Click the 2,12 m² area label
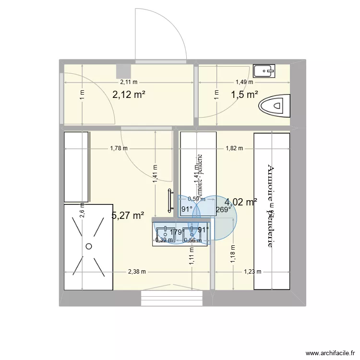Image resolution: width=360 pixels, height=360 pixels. click(129, 95)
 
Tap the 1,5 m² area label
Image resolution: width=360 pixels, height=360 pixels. click(245, 95)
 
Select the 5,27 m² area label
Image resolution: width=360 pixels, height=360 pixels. click(128, 216)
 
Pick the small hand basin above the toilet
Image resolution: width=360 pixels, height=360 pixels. click(264, 71)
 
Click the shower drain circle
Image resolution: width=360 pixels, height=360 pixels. click(88, 246)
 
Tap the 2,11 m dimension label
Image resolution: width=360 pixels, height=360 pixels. click(129, 82)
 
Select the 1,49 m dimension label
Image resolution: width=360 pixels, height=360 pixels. click(244, 82)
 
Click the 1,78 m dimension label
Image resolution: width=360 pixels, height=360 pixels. click(119, 148)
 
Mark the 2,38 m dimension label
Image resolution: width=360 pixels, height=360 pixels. click(137, 272)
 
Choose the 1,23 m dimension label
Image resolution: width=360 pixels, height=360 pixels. click(252, 272)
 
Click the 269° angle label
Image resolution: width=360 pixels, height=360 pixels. click(224, 209)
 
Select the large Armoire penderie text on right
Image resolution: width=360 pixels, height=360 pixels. click(271, 206)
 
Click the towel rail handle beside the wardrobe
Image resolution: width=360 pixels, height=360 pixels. click(170, 201)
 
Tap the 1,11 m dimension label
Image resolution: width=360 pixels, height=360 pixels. click(192, 255)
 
